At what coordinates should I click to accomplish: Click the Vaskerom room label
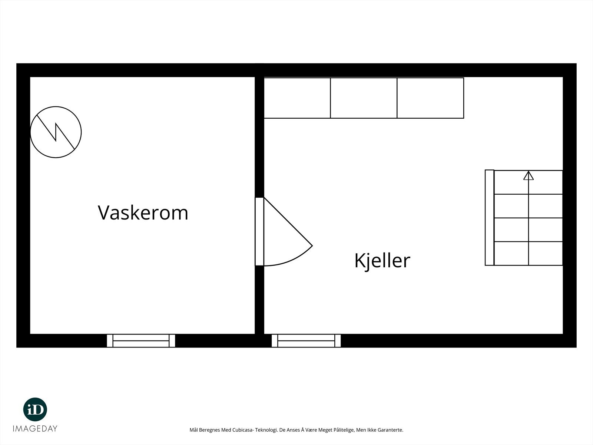pyautogui.click(x=143, y=213)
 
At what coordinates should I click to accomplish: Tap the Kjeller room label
pyautogui.click(x=382, y=260)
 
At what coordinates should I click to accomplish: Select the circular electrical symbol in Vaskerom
pyautogui.click(x=56, y=132)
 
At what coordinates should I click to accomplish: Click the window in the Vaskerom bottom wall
pyautogui.click(x=141, y=340)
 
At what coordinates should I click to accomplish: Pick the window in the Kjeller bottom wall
pyautogui.click(x=306, y=340)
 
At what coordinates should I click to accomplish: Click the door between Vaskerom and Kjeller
pyautogui.click(x=259, y=231)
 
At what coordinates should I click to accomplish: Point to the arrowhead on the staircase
pyautogui.click(x=529, y=176)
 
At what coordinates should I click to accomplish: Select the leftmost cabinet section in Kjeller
pyautogui.click(x=297, y=98)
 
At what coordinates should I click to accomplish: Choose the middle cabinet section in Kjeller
pyautogui.click(x=364, y=98)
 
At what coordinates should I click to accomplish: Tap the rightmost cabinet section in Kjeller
pyautogui.click(x=430, y=98)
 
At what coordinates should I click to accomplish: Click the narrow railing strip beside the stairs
pyautogui.click(x=490, y=218)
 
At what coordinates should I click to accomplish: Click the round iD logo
pyautogui.click(x=35, y=409)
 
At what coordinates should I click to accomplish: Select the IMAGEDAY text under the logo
pyautogui.click(x=35, y=429)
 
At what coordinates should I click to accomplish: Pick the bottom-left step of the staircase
pyautogui.click(x=511, y=254)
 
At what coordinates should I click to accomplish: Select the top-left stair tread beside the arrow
pyautogui.click(x=511, y=182)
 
